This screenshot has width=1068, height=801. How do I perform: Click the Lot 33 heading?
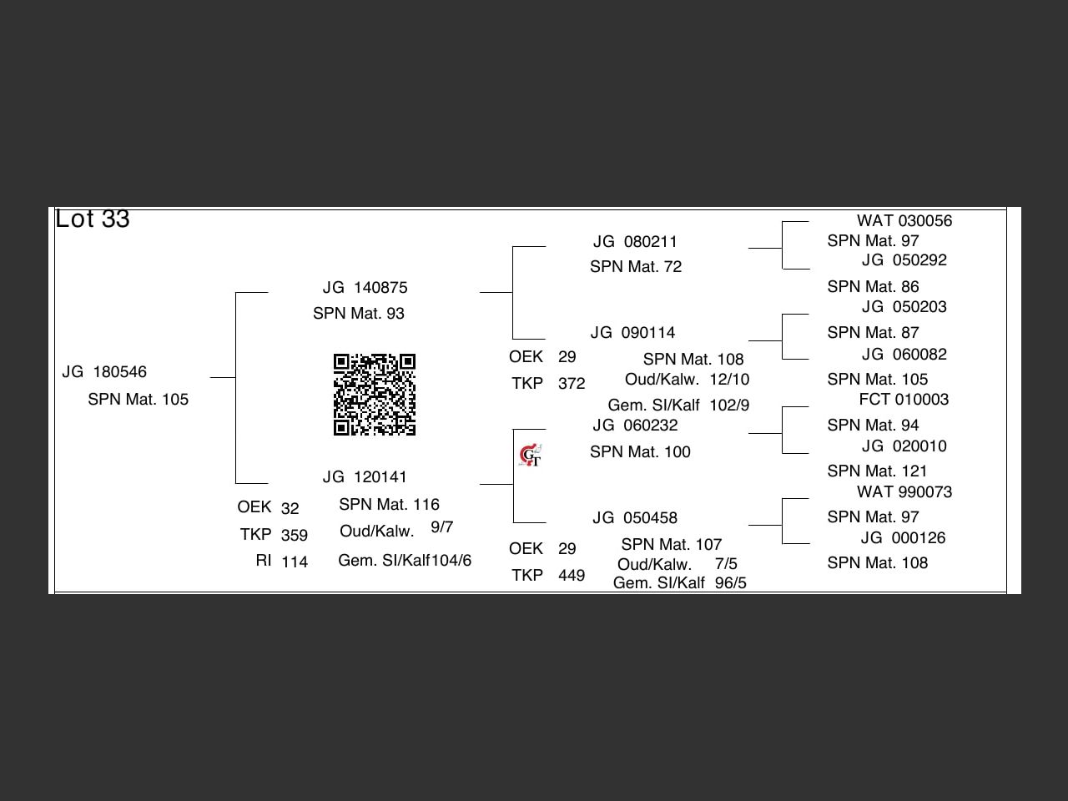(x=92, y=219)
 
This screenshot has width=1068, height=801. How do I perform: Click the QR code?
(x=374, y=395)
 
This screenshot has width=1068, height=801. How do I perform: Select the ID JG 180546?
(x=104, y=372)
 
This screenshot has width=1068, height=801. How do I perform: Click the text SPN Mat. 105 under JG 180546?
(x=138, y=400)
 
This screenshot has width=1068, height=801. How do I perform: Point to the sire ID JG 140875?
(x=365, y=288)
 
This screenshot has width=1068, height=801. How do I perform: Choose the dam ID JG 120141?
(x=365, y=477)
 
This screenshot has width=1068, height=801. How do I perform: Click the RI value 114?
(x=294, y=562)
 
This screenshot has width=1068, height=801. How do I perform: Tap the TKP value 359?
(x=294, y=536)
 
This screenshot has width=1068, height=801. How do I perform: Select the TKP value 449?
(x=571, y=576)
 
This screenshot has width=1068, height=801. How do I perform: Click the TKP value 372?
(x=571, y=384)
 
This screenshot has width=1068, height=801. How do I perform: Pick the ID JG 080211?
(x=635, y=242)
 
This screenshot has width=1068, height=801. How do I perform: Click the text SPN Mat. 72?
(x=635, y=267)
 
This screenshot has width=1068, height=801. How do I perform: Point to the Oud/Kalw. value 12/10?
(x=729, y=380)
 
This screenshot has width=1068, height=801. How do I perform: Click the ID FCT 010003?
(x=904, y=400)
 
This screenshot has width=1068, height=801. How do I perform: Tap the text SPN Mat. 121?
(x=877, y=471)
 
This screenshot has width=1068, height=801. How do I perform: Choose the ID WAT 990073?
(x=904, y=492)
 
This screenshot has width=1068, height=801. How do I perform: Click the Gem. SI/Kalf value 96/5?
(x=730, y=583)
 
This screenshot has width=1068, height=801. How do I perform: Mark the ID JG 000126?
(x=904, y=538)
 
